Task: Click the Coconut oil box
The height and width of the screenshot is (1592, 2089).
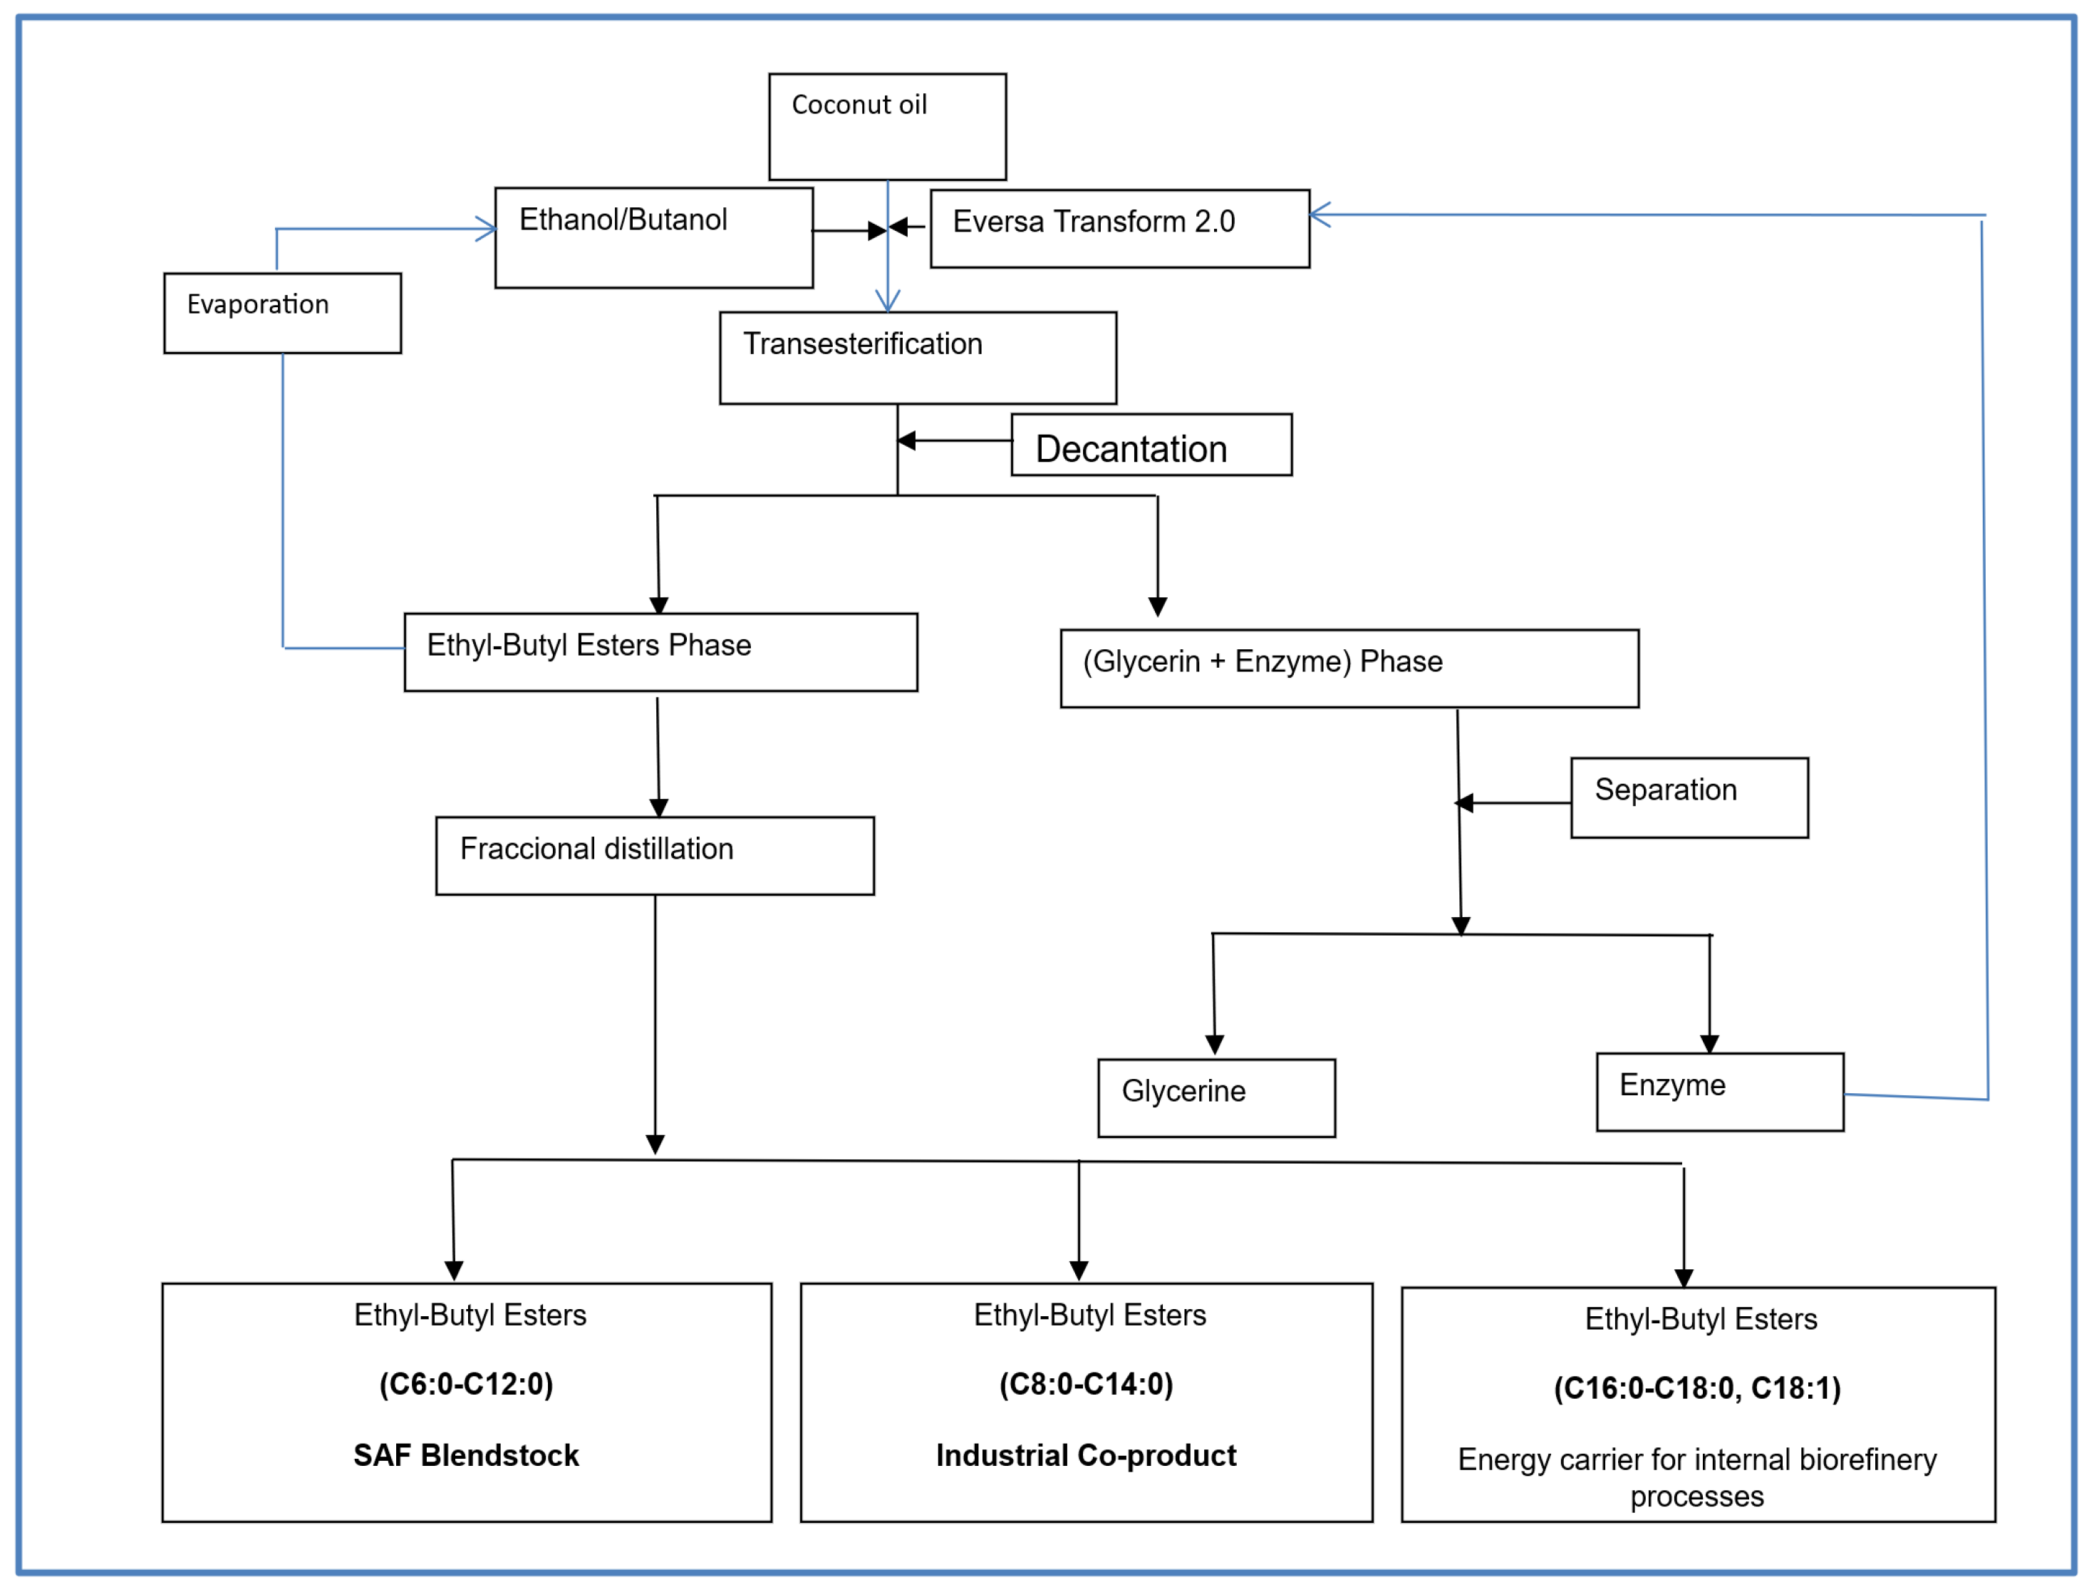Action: (887, 127)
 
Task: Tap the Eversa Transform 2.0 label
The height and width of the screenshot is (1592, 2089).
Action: (1093, 222)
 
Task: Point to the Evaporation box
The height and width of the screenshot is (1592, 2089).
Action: (282, 314)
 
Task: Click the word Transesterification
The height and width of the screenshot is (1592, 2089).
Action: (862, 344)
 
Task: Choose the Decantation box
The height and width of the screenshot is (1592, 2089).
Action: (1151, 445)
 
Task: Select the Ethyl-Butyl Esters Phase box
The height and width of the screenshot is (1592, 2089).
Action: (660, 652)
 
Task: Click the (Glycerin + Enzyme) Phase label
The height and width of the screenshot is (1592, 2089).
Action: (1263, 661)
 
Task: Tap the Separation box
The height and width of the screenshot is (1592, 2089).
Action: (1689, 798)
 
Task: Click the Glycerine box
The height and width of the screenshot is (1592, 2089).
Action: (1216, 1098)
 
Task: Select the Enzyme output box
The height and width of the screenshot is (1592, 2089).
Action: (1719, 1092)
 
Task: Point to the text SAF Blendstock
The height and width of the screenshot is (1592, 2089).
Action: (466, 1454)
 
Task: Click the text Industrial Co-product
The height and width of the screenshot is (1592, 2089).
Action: (1086, 1454)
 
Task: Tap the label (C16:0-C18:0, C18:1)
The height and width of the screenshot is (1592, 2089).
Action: (1697, 1388)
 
